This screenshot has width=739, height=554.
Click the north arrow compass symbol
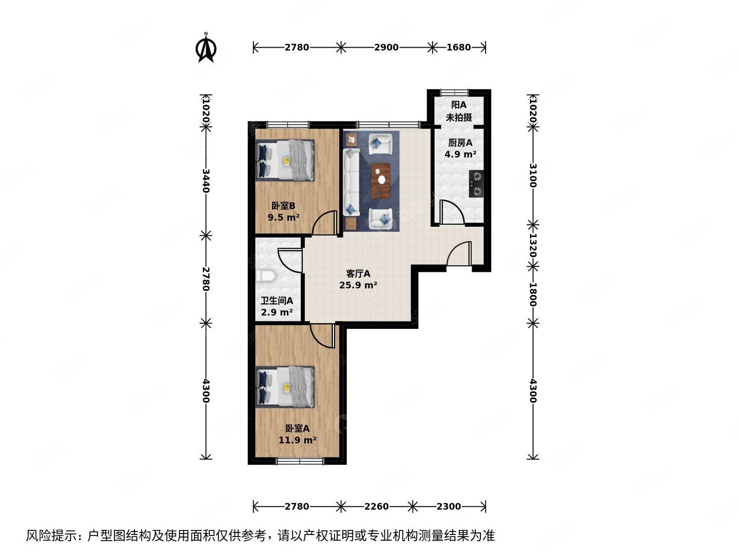[x=206, y=48]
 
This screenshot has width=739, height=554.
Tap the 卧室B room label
[x=283, y=206]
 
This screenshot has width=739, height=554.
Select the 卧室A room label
[x=297, y=428]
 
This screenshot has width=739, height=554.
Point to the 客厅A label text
[x=358, y=273]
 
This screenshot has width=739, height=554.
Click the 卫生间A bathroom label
[x=277, y=301]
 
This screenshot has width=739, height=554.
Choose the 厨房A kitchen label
[x=460, y=143]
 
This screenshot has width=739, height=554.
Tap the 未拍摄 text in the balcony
[x=459, y=117]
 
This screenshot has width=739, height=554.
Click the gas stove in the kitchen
[x=476, y=184]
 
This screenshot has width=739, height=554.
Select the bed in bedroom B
[x=285, y=161]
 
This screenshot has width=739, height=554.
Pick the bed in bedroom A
[x=285, y=387]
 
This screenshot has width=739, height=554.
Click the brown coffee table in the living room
[x=381, y=180]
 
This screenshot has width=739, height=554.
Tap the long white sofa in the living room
[x=351, y=182]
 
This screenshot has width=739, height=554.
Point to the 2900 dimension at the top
[x=386, y=47]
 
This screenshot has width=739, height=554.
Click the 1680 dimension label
[x=458, y=47]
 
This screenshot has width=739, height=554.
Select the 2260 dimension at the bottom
[x=377, y=506]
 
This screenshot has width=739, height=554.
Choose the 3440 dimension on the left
[x=206, y=181]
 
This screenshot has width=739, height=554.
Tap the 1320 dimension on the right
[x=533, y=245]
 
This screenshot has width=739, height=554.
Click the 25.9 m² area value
[x=358, y=285]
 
